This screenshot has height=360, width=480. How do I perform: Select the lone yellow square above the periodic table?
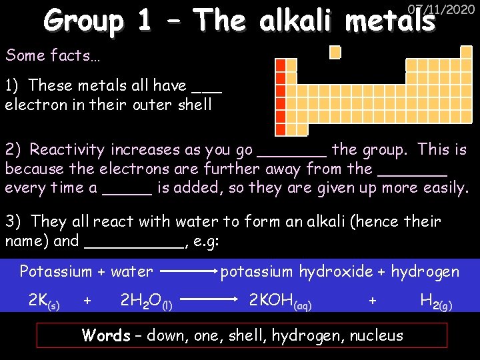point(335,52)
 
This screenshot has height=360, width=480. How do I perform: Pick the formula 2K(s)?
point(44,302)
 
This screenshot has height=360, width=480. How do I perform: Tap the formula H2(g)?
point(436,302)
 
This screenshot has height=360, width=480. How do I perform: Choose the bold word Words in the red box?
point(105,335)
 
